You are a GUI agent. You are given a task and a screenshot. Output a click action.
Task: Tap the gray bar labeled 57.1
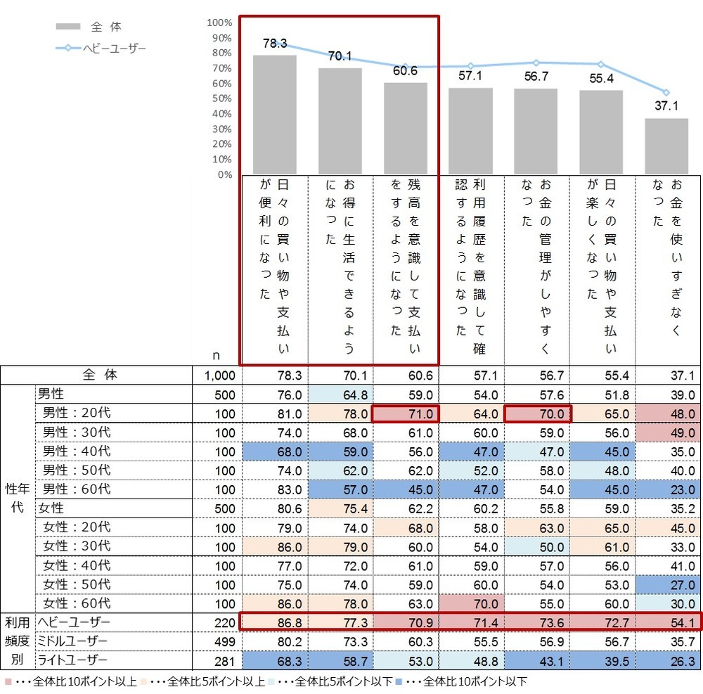click(x=470, y=131)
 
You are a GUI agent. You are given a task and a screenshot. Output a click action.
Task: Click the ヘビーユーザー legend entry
click(x=102, y=49)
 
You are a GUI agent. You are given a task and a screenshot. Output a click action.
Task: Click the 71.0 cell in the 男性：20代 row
click(x=405, y=413)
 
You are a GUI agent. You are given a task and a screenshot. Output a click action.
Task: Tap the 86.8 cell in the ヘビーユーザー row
click(x=275, y=622)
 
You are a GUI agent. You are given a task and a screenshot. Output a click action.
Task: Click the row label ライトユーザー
click(x=72, y=660)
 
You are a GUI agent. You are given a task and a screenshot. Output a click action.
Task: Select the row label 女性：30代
click(x=77, y=546)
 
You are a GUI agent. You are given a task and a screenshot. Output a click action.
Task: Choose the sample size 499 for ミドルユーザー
click(x=220, y=641)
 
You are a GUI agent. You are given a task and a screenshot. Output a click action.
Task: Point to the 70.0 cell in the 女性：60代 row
click(x=470, y=603)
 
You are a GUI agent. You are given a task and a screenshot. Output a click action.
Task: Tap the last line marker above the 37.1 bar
click(x=666, y=93)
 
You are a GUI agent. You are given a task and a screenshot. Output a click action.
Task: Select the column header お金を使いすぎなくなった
click(x=668, y=267)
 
